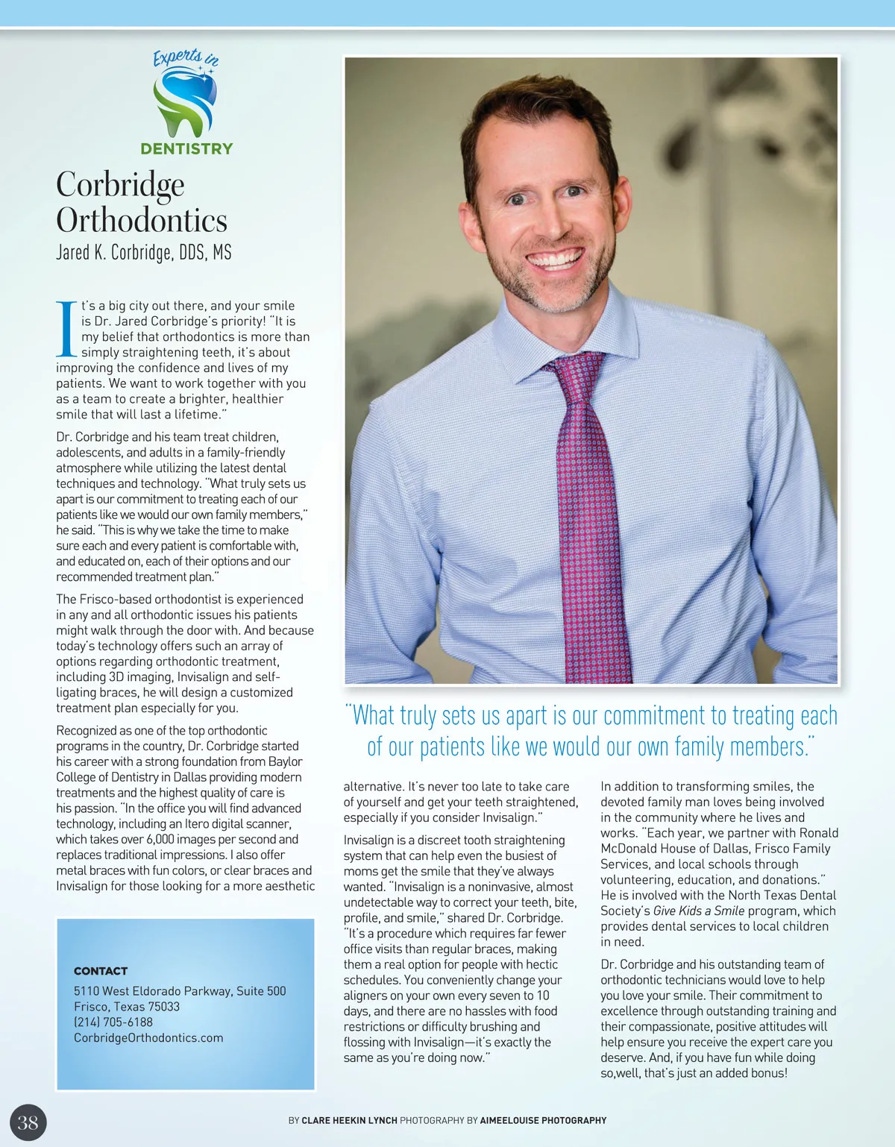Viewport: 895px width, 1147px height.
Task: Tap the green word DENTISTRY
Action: click(186, 148)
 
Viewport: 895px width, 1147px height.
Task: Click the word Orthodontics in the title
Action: click(142, 221)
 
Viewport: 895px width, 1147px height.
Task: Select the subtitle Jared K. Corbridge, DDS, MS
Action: click(144, 253)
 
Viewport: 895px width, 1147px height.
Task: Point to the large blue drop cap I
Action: click(66, 328)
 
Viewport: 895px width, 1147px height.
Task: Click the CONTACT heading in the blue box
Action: click(101, 971)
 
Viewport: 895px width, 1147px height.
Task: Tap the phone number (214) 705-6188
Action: click(113, 1022)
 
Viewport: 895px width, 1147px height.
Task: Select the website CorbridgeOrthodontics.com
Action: click(148, 1037)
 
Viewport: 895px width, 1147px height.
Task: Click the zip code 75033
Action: click(163, 1006)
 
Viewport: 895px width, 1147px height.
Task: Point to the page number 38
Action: click(28, 1122)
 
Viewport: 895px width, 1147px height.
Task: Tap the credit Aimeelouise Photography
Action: click(543, 1120)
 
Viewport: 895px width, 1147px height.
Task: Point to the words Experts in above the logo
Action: click(186, 57)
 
